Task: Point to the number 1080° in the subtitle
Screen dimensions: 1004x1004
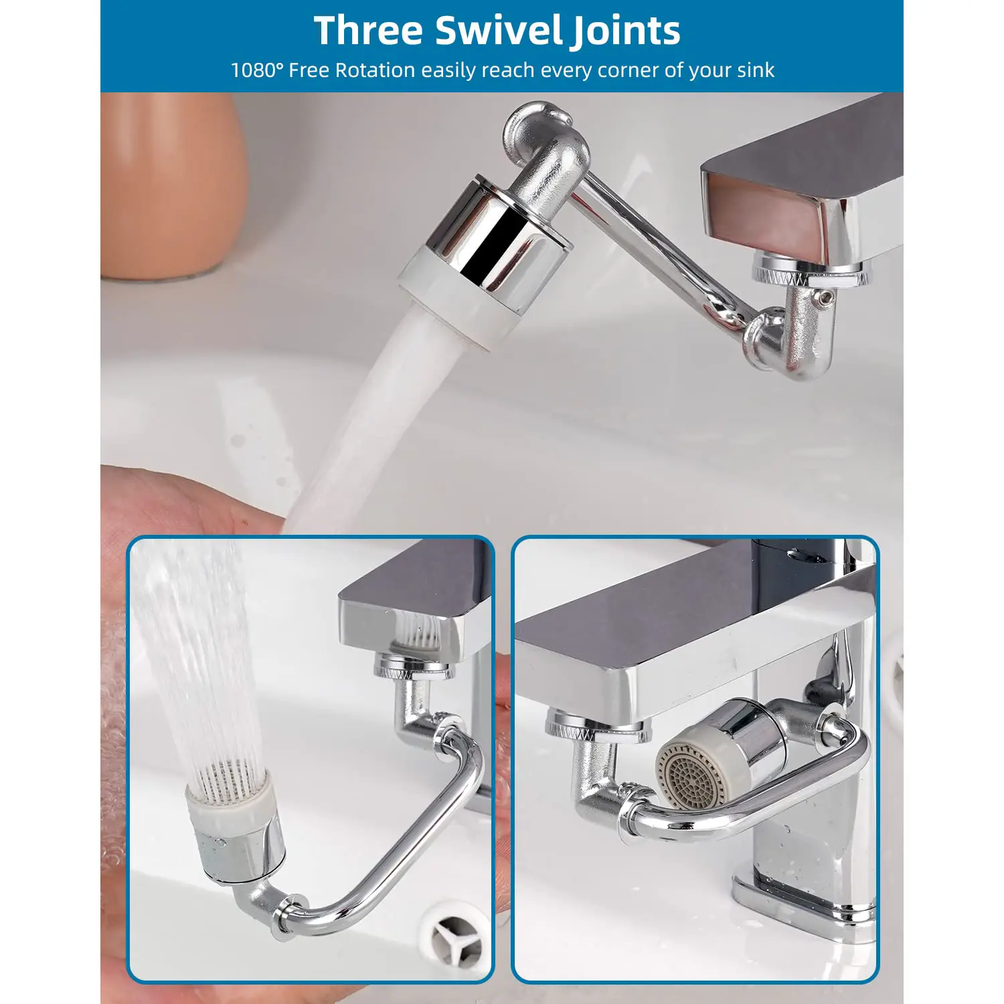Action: coord(257,70)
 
